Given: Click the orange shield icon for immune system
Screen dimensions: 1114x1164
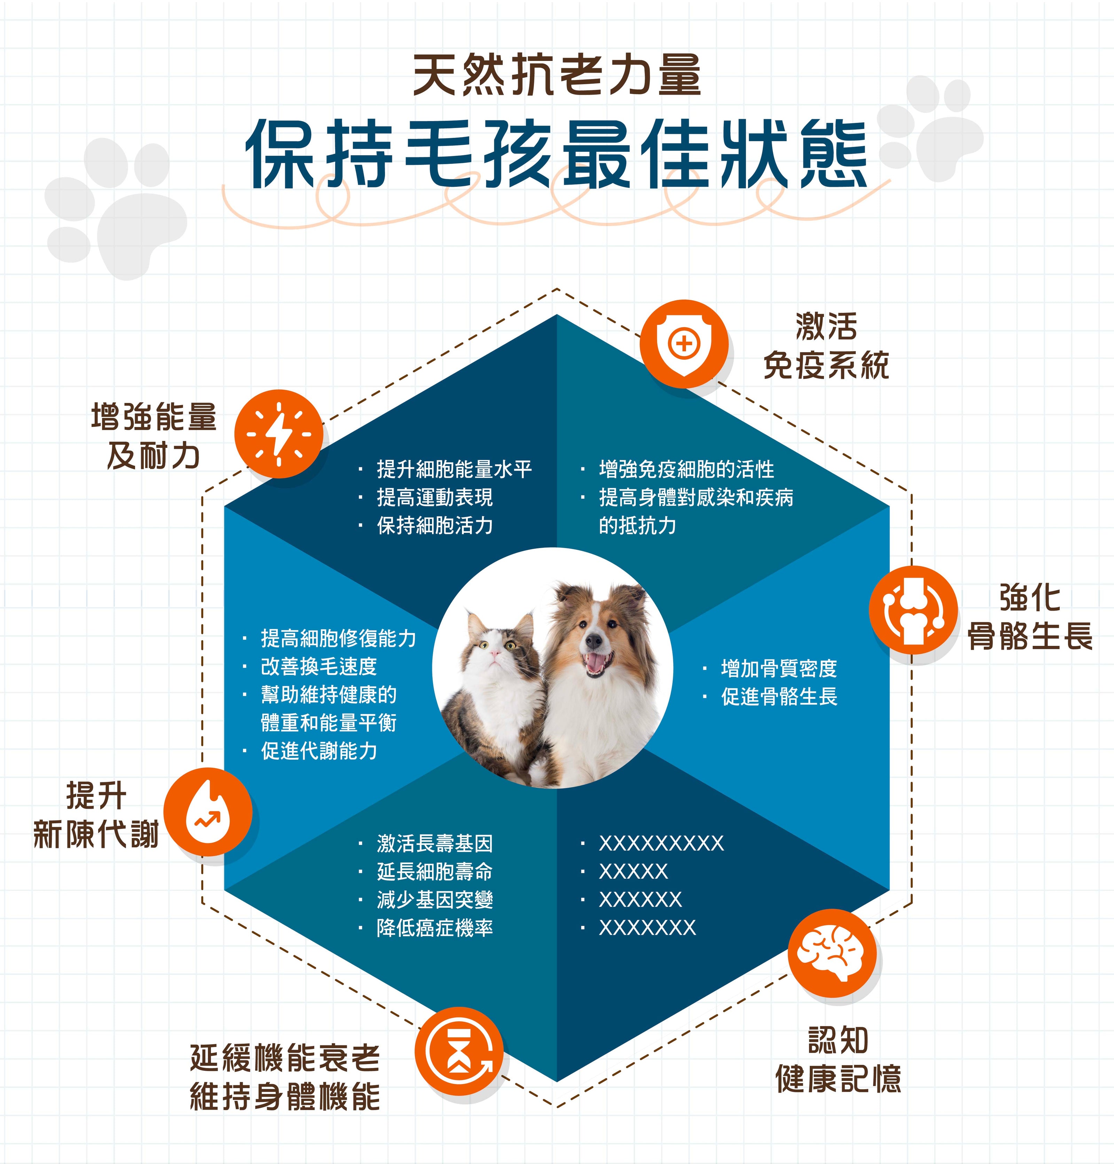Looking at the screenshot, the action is (684, 344).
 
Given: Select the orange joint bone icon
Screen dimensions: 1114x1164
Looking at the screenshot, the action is (913, 610).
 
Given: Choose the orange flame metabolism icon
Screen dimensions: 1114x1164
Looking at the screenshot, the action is (208, 812).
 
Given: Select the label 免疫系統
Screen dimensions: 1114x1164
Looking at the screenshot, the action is (826, 365).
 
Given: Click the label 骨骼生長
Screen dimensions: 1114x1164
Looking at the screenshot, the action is (1030, 636).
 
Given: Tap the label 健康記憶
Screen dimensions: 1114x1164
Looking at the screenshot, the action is (839, 1078).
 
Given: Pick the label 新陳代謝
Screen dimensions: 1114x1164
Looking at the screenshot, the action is (96, 834).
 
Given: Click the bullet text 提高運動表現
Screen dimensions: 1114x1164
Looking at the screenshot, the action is (435, 497).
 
